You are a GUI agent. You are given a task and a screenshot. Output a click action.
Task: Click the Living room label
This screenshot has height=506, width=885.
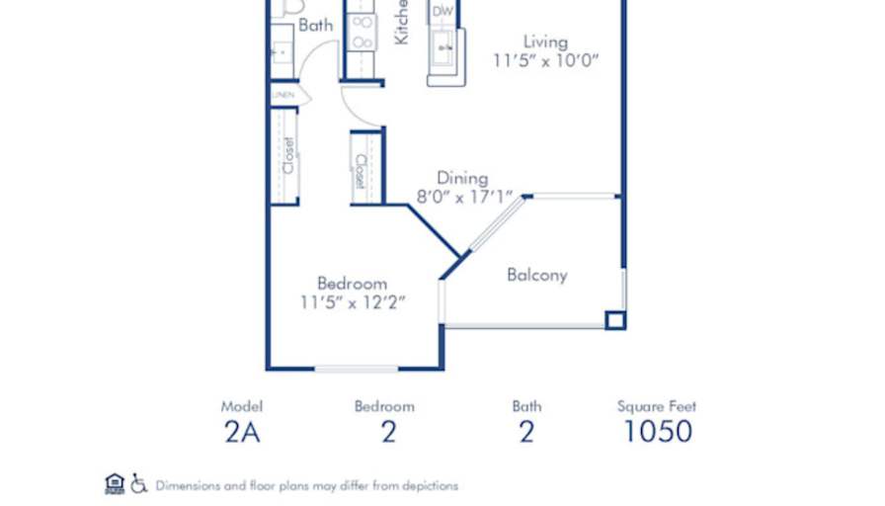pos(545,42)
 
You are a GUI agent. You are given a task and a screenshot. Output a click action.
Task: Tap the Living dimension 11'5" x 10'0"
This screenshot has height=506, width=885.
pos(547,60)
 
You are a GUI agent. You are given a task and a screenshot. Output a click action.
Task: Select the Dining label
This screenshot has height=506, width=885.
pos(462,179)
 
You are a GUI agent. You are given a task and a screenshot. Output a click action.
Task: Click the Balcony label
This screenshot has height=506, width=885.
pos(537,275)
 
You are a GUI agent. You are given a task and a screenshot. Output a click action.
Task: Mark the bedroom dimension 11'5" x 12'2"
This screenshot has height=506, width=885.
pos(353,302)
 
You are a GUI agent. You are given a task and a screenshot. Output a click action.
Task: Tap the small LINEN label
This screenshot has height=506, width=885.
pos(283,94)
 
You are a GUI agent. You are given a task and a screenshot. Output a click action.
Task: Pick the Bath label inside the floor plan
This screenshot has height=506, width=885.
pos(315,26)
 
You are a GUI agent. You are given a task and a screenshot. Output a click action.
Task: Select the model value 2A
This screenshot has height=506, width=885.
pos(241,432)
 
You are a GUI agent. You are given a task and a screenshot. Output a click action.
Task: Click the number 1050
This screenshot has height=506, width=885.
pos(657,432)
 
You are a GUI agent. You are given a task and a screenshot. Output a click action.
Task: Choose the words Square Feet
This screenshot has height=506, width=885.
pos(657,406)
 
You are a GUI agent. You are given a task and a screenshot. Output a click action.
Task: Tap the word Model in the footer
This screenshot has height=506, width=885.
pos(241,406)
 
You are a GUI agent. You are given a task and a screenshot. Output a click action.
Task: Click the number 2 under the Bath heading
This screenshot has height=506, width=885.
pos(526,432)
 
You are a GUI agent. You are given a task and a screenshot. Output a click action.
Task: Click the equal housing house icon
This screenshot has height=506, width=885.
pos(115,483)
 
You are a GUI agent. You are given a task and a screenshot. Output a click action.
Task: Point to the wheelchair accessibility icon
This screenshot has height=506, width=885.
pos(139,483)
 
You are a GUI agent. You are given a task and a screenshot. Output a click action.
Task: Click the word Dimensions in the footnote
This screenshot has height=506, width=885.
pos(189,486)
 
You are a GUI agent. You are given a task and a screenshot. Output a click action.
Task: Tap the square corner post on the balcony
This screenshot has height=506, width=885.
pos(615,319)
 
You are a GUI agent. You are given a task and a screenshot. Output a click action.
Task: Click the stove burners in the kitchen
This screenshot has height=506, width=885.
pos(362,32)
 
